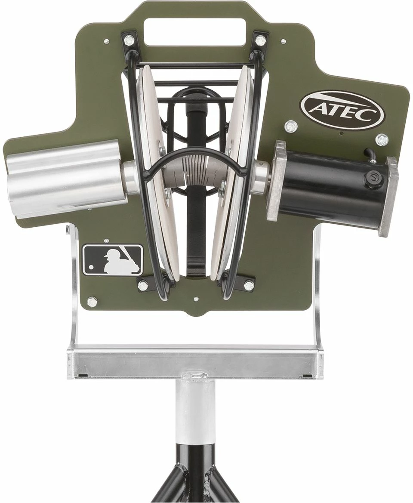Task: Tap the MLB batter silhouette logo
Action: [113, 260]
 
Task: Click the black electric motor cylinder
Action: [335, 184]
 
